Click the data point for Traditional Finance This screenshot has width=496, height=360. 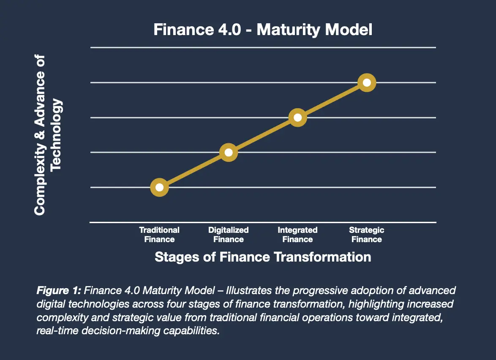coord(159,187)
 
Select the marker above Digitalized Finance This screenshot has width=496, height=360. coord(229,152)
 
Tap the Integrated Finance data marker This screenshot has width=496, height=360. coord(297,117)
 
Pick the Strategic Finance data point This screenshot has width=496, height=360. coord(367,82)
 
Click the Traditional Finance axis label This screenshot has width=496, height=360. coord(159,235)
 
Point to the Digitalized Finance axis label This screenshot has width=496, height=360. coord(229,235)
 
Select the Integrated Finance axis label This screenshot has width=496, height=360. coord(297,235)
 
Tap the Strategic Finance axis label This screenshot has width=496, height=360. coord(367,235)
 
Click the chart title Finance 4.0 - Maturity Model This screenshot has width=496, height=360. coord(263,30)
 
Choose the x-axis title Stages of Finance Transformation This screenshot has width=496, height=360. coord(263,257)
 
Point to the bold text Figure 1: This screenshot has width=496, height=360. coord(59,291)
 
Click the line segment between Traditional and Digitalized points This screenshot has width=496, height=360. coord(194,170)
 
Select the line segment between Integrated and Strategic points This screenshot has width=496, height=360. coord(332,100)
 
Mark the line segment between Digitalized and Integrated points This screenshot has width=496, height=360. coord(263,135)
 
